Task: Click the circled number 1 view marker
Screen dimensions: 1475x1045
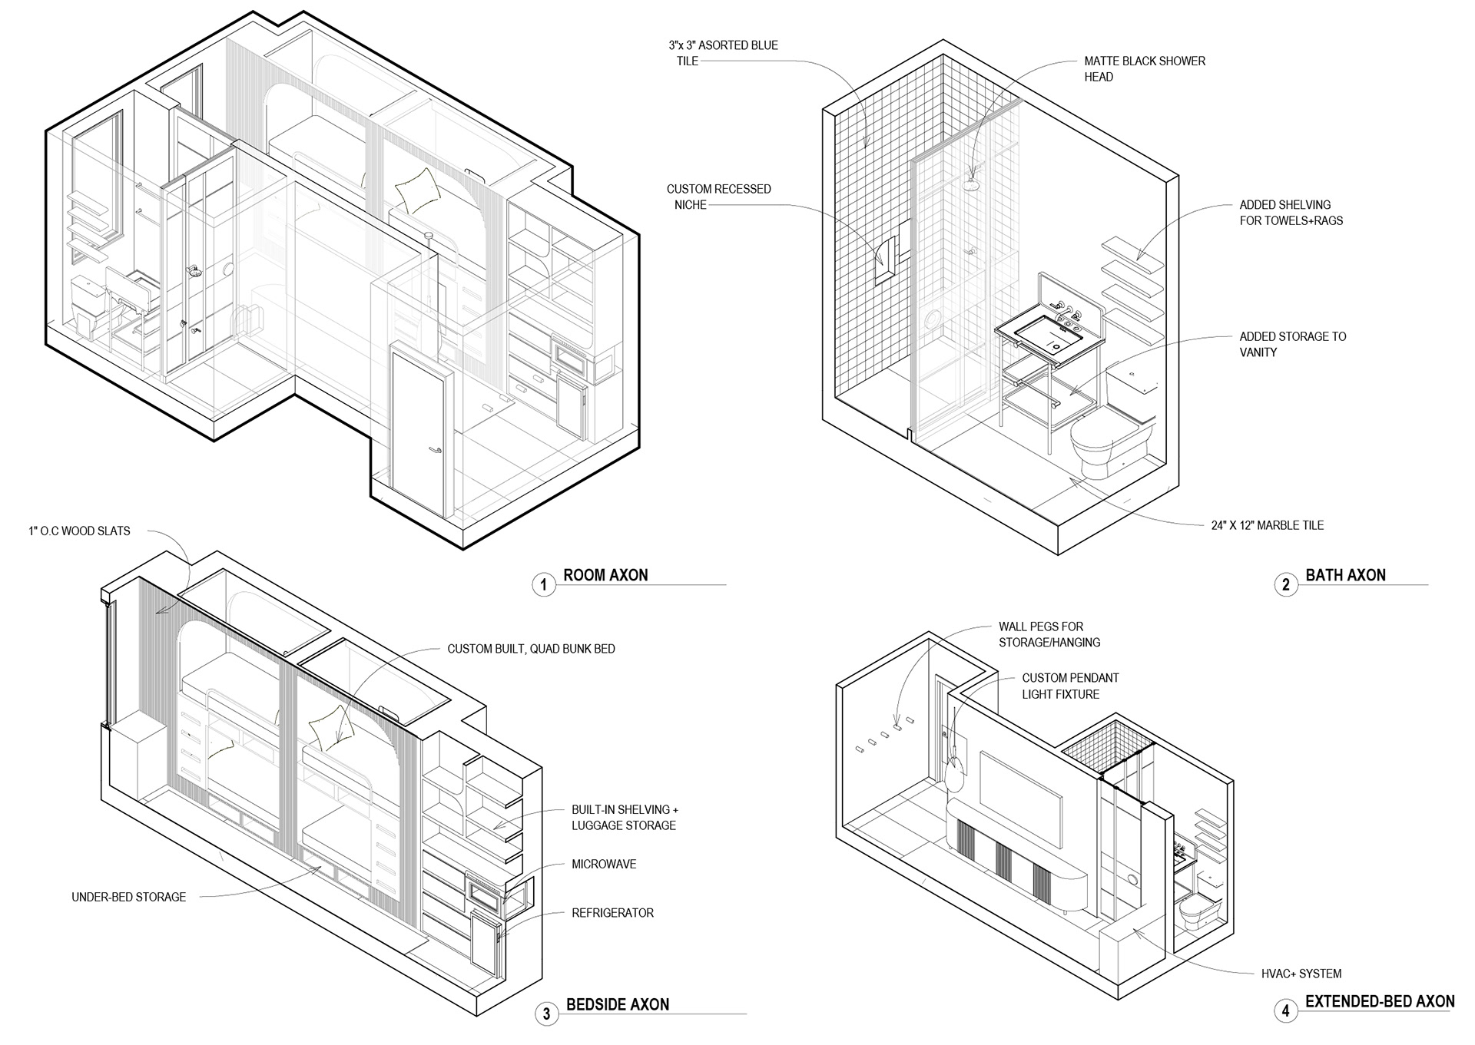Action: pos(544,585)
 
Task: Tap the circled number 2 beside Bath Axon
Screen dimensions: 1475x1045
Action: pos(1286,585)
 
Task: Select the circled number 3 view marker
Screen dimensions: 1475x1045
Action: pos(546,1014)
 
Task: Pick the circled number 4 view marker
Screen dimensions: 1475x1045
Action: pos(1286,1010)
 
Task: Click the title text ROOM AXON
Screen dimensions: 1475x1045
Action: pos(605,575)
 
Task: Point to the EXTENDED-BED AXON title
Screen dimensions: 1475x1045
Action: pos(1380,1001)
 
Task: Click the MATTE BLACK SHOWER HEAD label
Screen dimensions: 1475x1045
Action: pos(1144,69)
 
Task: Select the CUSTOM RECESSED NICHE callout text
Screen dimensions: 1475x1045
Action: pos(718,197)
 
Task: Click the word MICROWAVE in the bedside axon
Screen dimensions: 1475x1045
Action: pos(604,864)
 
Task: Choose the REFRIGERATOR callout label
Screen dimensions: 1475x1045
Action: pos(612,913)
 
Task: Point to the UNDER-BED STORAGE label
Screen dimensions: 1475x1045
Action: pos(128,897)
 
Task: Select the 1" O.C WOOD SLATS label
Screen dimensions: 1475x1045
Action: pos(79,531)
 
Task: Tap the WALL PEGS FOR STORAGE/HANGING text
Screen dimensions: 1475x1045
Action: pos(1049,634)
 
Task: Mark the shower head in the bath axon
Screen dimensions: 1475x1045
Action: pos(972,185)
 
